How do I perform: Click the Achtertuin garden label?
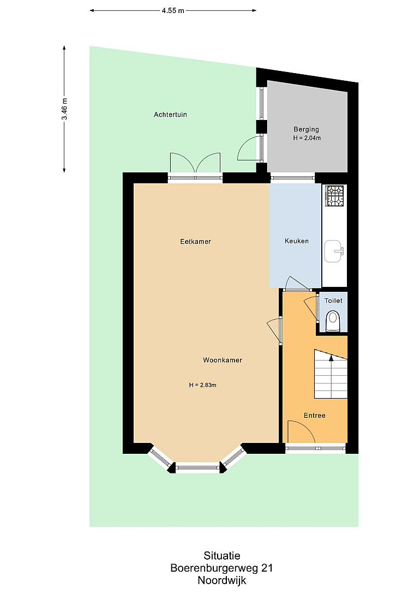[170, 115]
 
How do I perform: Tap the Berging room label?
[307, 129]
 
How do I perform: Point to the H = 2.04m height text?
[307, 138]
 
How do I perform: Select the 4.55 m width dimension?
[173, 10]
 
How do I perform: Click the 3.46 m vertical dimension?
[64, 109]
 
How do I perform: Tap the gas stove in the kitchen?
[334, 195]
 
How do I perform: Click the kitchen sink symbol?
[334, 251]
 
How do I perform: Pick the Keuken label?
[297, 241]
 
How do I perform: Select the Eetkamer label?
[195, 241]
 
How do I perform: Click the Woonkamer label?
[223, 360]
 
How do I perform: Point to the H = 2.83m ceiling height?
[202, 385]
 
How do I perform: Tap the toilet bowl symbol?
[333, 321]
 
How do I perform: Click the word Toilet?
[333, 301]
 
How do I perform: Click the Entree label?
[314, 415]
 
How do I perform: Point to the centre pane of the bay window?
[197, 468]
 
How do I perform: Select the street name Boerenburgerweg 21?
[221, 568]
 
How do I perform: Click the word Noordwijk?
[222, 580]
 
